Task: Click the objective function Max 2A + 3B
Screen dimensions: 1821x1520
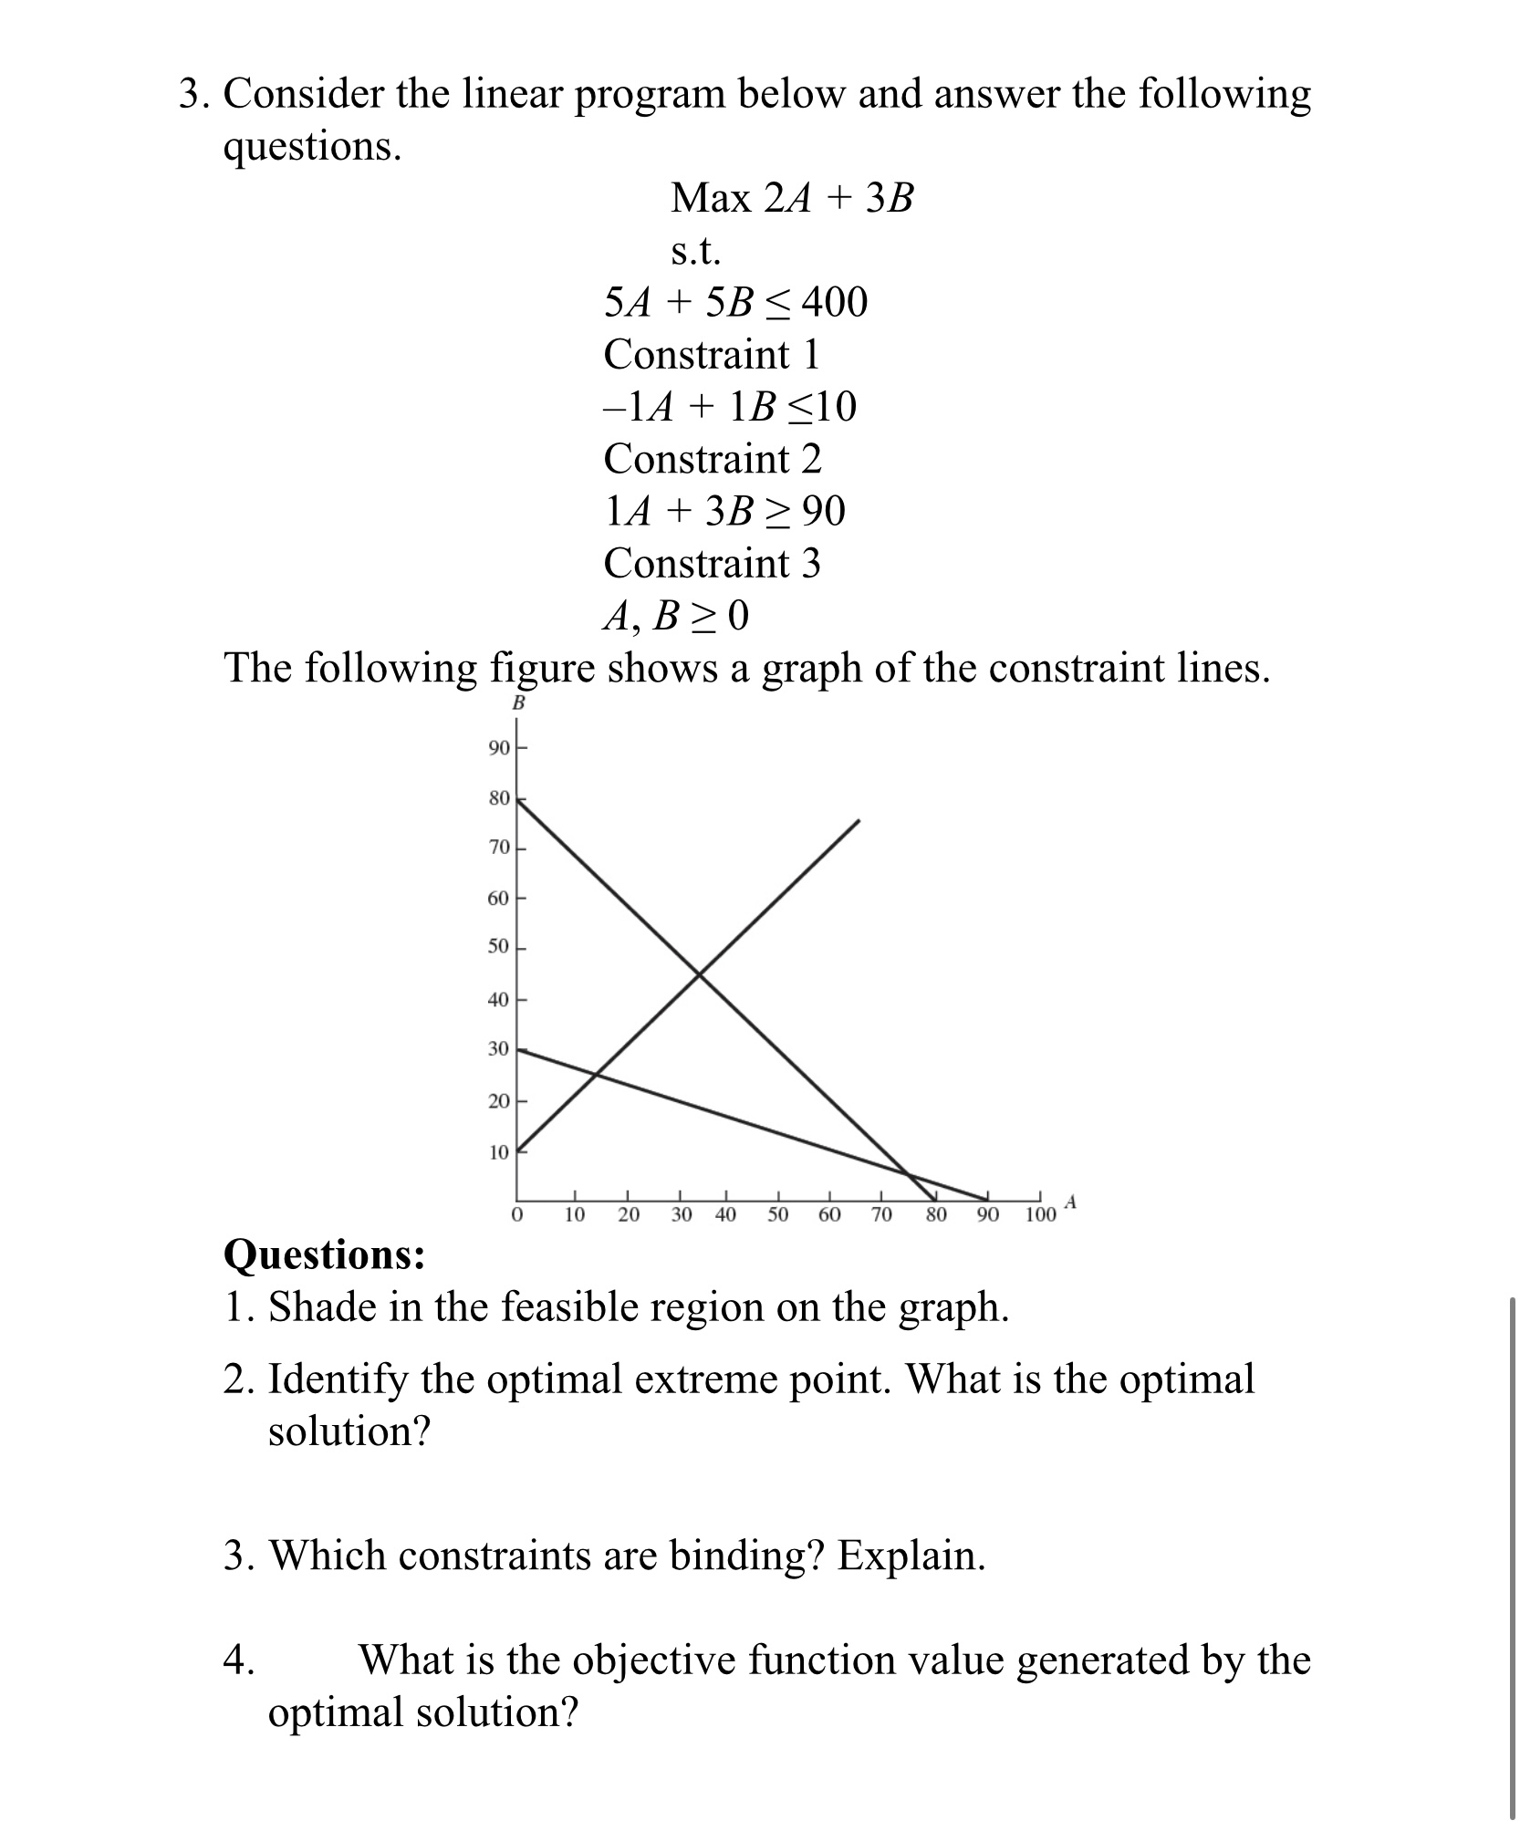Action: (791, 198)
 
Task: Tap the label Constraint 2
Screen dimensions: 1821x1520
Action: (712, 458)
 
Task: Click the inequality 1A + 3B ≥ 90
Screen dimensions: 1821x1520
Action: (724, 511)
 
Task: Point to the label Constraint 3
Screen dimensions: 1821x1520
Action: (712, 563)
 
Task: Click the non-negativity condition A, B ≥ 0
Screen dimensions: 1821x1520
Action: (675, 618)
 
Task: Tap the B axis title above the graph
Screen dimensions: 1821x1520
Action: (518, 702)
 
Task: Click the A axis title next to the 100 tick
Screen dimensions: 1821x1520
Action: (1071, 1202)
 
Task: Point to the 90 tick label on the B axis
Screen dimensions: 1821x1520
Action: (498, 749)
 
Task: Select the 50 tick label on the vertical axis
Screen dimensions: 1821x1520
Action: (498, 947)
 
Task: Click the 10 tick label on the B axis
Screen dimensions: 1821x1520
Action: (498, 1152)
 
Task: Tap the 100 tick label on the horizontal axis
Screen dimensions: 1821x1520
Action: (1040, 1215)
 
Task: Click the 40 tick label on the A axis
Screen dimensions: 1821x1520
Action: (725, 1215)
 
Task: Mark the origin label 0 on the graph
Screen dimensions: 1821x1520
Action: (517, 1215)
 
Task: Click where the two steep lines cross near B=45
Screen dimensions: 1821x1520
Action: (700, 974)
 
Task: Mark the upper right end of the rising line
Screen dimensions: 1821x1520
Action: (859, 821)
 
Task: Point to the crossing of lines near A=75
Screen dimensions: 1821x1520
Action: (909, 1173)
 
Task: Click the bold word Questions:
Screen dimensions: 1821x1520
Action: (324, 1254)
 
